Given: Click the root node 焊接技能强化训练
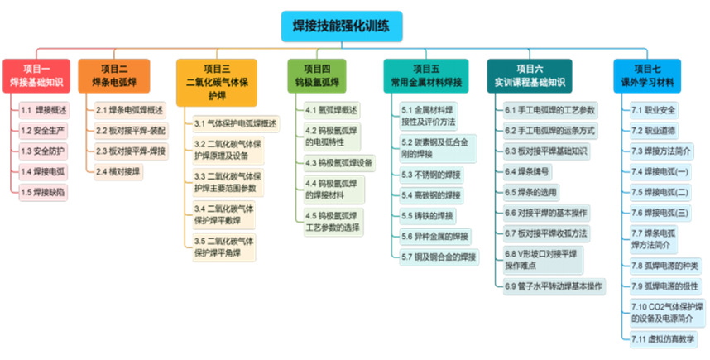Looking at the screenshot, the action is pos(342,25).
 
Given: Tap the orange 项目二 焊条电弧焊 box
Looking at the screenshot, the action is pos(114,76).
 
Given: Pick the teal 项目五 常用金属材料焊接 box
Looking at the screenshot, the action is pos(426,76).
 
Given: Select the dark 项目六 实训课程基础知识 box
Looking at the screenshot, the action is pos(530,76).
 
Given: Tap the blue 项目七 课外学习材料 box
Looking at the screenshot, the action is pos(648,76).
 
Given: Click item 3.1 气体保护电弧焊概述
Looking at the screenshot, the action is pos(235,123).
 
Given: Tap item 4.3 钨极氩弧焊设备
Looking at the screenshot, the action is pos(338,162).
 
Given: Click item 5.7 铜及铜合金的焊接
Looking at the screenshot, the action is pos(439,257).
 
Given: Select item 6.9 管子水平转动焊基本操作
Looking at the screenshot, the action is pos(553,286).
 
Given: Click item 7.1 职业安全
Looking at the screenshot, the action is pos(653,110).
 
